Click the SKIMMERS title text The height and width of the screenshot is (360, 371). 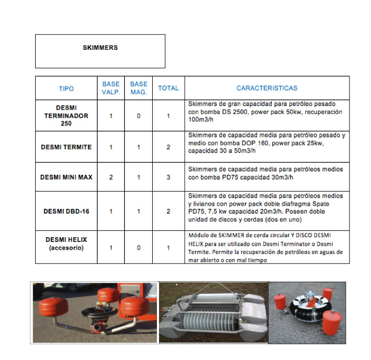100,48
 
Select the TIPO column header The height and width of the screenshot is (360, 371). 66,89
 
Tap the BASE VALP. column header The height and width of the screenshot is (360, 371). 111,88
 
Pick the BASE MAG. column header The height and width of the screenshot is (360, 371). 139,88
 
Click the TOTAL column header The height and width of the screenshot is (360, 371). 168,89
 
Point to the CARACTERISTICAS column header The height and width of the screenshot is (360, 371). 267,88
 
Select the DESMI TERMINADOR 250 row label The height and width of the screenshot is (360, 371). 66,115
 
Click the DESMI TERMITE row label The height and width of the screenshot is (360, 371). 66,147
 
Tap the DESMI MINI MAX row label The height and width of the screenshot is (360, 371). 66,177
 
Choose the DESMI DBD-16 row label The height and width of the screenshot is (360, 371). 66,211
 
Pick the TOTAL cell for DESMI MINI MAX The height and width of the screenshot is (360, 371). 168,177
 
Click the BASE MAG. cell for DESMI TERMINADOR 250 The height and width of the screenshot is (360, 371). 139,115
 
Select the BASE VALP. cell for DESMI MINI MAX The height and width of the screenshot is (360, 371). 111,177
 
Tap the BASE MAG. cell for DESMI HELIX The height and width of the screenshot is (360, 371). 139,247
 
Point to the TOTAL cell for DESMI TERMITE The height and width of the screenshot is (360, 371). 168,147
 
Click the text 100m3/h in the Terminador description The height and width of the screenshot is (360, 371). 201,121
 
